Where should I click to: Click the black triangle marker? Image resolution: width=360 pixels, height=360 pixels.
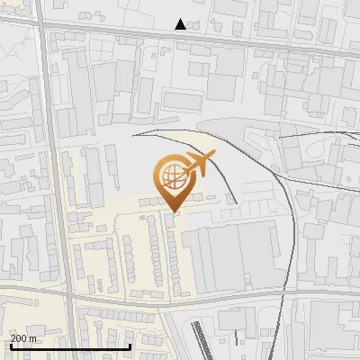pyautogui.click(x=181, y=24)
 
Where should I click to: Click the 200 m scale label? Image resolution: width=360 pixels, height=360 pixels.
pyautogui.click(x=23, y=338)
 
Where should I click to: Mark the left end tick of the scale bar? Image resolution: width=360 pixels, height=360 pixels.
pyautogui.click(x=9, y=346)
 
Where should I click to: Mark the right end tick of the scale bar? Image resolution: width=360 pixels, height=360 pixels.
pyautogui.click(x=130, y=346)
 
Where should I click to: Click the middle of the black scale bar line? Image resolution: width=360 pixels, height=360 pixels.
pyautogui.click(x=70, y=346)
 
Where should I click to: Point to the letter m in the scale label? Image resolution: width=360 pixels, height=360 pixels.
pyautogui.click(x=33, y=338)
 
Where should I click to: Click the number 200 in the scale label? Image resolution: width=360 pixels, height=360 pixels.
pyautogui.click(x=19, y=338)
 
